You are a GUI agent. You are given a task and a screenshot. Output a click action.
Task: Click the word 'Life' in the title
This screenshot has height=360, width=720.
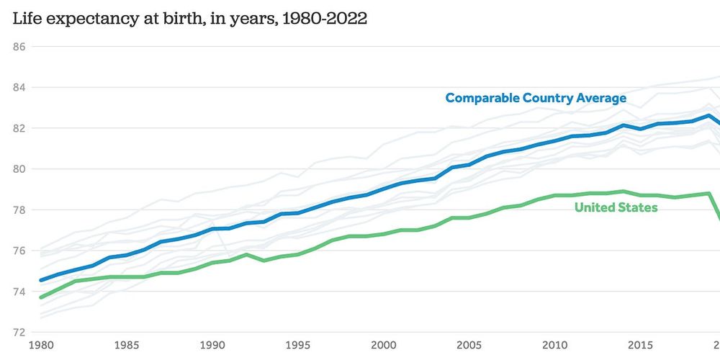pyautogui.click(x=27, y=19)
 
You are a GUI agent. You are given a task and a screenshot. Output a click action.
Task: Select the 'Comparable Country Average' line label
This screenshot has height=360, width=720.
pyautogui.click(x=536, y=98)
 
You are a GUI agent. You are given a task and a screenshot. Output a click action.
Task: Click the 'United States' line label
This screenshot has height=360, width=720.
pyautogui.click(x=616, y=207)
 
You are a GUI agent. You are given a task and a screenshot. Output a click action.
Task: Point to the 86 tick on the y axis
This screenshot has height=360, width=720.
pyautogui.click(x=19, y=47)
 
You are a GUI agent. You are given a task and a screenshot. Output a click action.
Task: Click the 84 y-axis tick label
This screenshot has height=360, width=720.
pyautogui.click(x=19, y=88)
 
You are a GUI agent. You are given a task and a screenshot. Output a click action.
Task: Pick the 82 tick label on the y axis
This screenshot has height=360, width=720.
pyautogui.click(x=19, y=128)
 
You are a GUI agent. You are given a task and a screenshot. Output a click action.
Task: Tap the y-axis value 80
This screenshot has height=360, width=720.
pyautogui.click(x=19, y=169)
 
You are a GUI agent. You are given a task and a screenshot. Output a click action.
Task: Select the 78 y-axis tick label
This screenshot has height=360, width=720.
pyautogui.click(x=19, y=210)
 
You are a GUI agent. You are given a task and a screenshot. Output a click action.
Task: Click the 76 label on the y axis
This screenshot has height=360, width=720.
pyautogui.click(x=19, y=251)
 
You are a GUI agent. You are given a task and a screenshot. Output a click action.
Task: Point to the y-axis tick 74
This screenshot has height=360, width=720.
pyautogui.click(x=19, y=292)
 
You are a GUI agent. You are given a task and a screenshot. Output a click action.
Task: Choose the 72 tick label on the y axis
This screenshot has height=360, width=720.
pyautogui.click(x=19, y=333)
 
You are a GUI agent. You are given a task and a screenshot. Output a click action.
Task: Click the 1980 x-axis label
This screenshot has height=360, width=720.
pyautogui.click(x=40, y=346)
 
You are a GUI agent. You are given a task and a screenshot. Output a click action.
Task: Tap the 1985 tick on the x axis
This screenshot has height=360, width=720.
pyautogui.click(x=126, y=346)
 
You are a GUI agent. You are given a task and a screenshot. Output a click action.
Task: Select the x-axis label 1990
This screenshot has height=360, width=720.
pyautogui.click(x=212, y=346)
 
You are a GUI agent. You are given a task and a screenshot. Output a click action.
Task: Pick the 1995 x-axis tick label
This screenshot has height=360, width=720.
pyautogui.click(x=298, y=346)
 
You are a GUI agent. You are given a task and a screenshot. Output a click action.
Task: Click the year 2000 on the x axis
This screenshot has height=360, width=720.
pyautogui.click(x=384, y=346)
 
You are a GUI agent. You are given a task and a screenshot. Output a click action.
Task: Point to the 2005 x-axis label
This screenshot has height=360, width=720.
pyautogui.click(x=469, y=346)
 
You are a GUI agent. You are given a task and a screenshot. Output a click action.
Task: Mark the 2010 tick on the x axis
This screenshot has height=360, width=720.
pyautogui.click(x=555, y=346)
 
